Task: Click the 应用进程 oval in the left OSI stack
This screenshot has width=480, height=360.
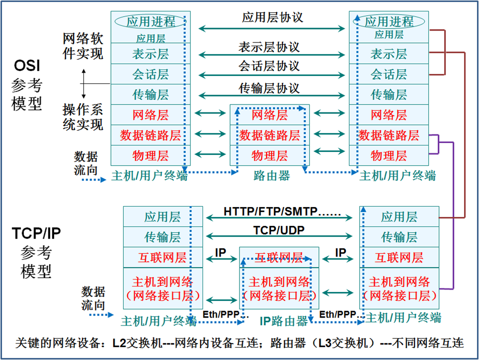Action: click(150, 21)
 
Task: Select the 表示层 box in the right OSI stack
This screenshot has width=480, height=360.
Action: click(388, 53)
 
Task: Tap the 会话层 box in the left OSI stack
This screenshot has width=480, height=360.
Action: click(150, 74)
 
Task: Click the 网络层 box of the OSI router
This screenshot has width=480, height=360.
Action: click(269, 115)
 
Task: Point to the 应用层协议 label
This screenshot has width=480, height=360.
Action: click(272, 18)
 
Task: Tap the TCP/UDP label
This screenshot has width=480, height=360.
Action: click(279, 230)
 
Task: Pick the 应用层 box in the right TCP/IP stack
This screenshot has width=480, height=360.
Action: click(399, 216)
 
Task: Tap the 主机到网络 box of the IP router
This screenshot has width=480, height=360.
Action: click(279, 288)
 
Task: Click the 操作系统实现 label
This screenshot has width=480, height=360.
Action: click(83, 116)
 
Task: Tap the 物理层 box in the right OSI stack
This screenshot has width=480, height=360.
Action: click(388, 155)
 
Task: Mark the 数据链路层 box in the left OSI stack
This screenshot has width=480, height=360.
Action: click(150, 135)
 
